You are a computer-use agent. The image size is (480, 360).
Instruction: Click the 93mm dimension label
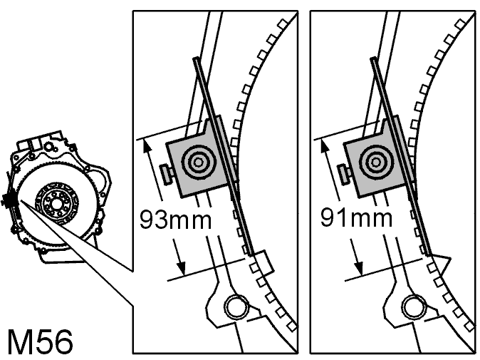pyautogui.click(x=175, y=220)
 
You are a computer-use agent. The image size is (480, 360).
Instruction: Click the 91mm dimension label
pyautogui.click(x=356, y=217)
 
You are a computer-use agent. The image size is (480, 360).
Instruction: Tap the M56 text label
pyautogui.click(x=40, y=341)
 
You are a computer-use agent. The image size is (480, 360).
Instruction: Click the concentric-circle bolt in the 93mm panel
pyautogui.click(x=199, y=162)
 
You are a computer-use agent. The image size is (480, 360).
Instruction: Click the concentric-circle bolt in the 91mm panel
pyautogui.click(x=375, y=161)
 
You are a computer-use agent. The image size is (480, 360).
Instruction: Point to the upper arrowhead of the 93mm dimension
pyautogui.click(x=146, y=145)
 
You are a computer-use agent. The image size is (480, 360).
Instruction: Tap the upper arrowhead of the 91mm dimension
pyautogui.click(x=324, y=145)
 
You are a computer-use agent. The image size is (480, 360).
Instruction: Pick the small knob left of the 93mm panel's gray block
pyautogui.click(x=167, y=175)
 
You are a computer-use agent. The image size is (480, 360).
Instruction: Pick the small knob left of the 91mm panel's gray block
pyautogui.click(x=344, y=175)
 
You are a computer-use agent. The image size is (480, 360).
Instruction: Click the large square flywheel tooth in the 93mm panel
pyautogui.click(x=263, y=262)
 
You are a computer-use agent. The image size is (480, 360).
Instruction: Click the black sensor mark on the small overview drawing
pyautogui.click(x=10, y=201)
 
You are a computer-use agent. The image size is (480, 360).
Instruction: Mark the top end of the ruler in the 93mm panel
pyautogui.click(x=196, y=58)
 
